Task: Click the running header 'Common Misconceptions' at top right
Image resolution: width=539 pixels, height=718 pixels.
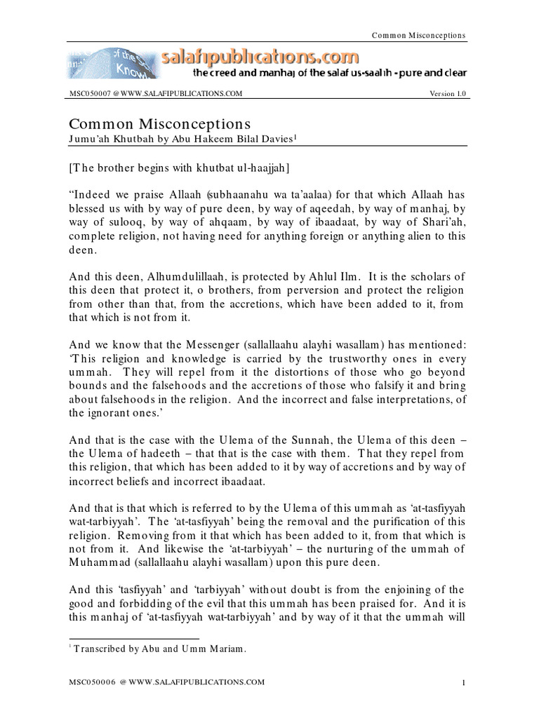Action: (x=419, y=35)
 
